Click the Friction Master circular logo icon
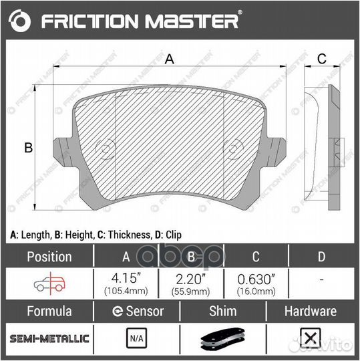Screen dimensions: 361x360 click(x=21, y=21)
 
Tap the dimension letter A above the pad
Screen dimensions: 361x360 click(x=170, y=59)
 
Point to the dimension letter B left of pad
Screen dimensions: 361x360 click(x=29, y=148)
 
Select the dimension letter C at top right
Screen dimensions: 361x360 click(x=321, y=59)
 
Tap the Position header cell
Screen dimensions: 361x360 click(x=48, y=256)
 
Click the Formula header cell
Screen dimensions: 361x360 click(x=48, y=311)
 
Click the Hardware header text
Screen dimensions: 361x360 click(x=311, y=311)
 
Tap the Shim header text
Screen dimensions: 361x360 click(x=222, y=311)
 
